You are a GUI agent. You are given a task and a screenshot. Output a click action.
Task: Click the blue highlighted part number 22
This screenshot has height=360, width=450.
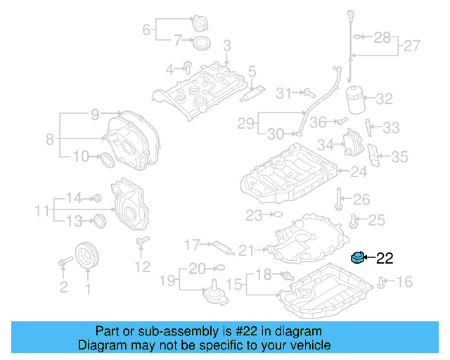click(358, 258)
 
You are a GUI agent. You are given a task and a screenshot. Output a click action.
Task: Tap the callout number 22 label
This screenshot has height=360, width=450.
click(385, 258)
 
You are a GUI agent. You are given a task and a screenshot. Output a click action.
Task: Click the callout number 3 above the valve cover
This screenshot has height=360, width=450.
click(226, 46)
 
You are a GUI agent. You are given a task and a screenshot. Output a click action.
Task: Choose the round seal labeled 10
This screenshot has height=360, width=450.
click(108, 158)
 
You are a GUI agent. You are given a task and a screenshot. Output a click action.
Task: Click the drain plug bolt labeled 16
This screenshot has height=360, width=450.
click(380, 283)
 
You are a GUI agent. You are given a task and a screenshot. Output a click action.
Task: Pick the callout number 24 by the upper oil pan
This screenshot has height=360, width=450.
click(359, 171)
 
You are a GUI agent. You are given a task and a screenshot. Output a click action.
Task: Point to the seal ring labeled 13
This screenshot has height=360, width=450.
click(100, 221)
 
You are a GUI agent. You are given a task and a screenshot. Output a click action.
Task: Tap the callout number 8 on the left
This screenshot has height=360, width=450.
click(50, 139)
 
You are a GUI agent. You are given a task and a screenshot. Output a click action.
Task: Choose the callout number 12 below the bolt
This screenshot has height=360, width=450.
click(143, 266)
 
